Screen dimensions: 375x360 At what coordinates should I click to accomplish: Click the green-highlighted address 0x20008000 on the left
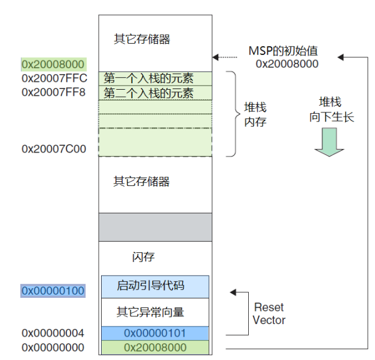(x=54, y=64)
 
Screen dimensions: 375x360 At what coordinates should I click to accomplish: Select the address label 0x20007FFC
(x=54, y=78)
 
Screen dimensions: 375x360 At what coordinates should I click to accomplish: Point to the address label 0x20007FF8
(x=53, y=92)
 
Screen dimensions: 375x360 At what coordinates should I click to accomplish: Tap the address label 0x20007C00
(x=54, y=149)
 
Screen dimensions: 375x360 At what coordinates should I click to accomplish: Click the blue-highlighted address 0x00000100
(x=53, y=291)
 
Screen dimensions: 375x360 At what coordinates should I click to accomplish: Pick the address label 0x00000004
(x=53, y=333)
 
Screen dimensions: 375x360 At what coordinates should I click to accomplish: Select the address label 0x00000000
(x=53, y=347)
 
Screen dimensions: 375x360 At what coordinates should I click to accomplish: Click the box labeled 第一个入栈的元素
(x=156, y=79)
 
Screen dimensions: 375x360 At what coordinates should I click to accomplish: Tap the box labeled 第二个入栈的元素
(x=156, y=93)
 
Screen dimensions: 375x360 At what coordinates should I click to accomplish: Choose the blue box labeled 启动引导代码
(x=155, y=286)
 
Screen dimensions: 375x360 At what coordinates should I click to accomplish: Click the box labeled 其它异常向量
(x=155, y=312)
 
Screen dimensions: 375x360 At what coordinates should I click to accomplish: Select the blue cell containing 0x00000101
(x=155, y=333)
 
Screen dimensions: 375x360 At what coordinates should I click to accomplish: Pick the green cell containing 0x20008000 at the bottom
(x=155, y=347)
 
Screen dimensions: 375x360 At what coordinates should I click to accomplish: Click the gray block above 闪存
(x=156, y=227)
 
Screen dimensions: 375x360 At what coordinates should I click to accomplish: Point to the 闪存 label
(x=144, y=257)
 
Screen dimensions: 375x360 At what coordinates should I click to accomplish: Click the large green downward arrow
(x=330, y=142)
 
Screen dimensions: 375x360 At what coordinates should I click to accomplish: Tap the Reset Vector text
(x=269, y=313)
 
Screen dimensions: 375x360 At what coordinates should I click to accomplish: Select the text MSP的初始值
(x=283, y=51)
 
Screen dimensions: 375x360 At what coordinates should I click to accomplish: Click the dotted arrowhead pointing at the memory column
(x=215, y=57)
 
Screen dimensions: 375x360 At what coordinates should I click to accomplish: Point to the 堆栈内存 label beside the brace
(x=255, y=115)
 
